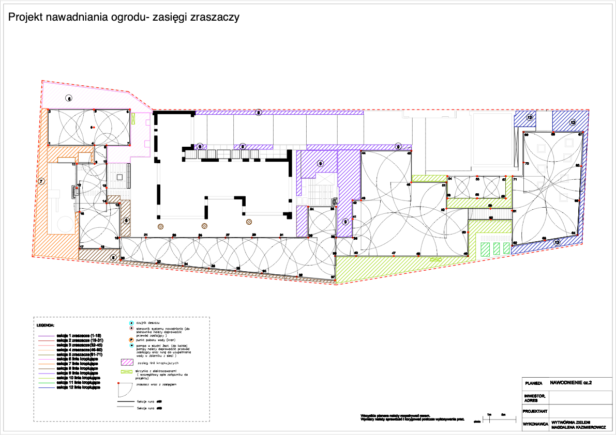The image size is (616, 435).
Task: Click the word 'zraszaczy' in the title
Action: coord(215,17)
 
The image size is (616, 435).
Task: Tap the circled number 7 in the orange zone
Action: coord(41,181)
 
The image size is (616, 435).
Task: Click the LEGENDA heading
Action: coord(46,325)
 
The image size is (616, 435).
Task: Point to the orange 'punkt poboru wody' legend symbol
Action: coord(131,340)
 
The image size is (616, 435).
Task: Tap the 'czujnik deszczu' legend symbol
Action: coord(131,323)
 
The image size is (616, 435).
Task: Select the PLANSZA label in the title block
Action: coord(533,383)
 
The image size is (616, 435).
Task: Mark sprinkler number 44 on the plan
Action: coord(363,153)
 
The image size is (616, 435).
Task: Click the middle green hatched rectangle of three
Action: coord(497,248)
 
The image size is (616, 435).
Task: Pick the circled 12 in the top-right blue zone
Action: coord(573,122)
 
